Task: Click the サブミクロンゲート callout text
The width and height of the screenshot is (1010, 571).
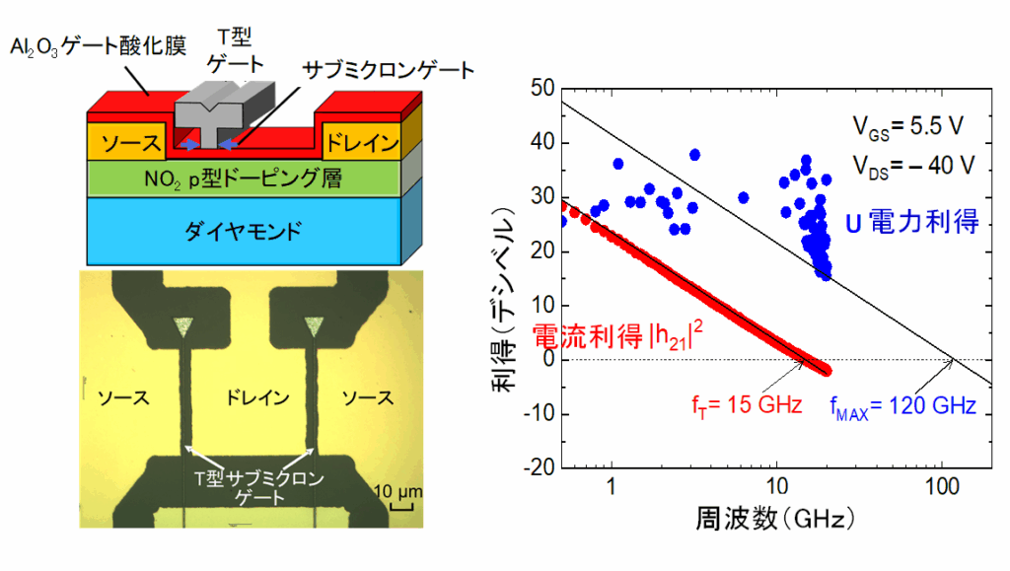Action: click(x=390, y=70)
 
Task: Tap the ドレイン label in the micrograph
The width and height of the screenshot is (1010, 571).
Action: click(x=252, y=398)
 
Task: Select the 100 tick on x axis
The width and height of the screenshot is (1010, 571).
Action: click(x=942, y=485)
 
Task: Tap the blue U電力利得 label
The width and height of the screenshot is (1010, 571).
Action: click(x=911, y=222)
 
